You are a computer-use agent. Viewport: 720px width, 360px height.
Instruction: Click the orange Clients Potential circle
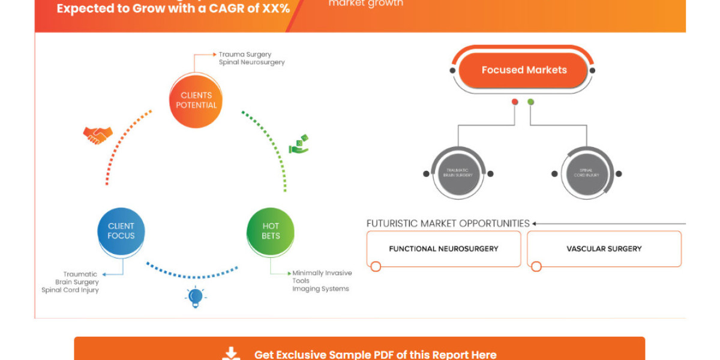click(196, 100)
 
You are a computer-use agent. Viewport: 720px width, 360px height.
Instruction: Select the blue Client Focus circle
click(121, 231)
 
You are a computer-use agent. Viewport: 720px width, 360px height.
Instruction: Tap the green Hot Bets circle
click(271, 231)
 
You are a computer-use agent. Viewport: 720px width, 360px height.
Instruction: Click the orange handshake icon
click(98, 135)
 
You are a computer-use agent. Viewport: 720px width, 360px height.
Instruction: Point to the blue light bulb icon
click(195, 296)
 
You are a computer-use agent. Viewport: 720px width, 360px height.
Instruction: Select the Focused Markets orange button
click(524, 70)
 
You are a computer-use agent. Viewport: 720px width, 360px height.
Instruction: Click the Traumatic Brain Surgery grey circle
click(459, 174)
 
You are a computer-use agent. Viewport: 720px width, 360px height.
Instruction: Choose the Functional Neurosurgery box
click(443, 248)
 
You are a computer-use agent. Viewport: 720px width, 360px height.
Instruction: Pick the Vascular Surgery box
click(604, 248)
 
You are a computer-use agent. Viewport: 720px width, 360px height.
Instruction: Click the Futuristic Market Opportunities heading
click(448, 223)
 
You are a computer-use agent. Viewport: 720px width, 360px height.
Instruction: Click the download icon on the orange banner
click(231, 354)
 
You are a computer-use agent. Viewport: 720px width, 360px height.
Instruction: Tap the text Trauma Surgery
click(245, 54)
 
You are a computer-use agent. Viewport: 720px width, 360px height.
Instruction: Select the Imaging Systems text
click(320, 289)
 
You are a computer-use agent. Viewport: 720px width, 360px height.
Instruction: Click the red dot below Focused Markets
click(515, 102)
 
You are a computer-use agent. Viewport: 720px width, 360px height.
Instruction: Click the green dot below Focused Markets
click(530, 102)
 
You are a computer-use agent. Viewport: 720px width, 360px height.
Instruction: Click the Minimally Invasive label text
click(322, 273)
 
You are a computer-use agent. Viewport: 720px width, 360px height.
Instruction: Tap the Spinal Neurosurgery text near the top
click(251, 62)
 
